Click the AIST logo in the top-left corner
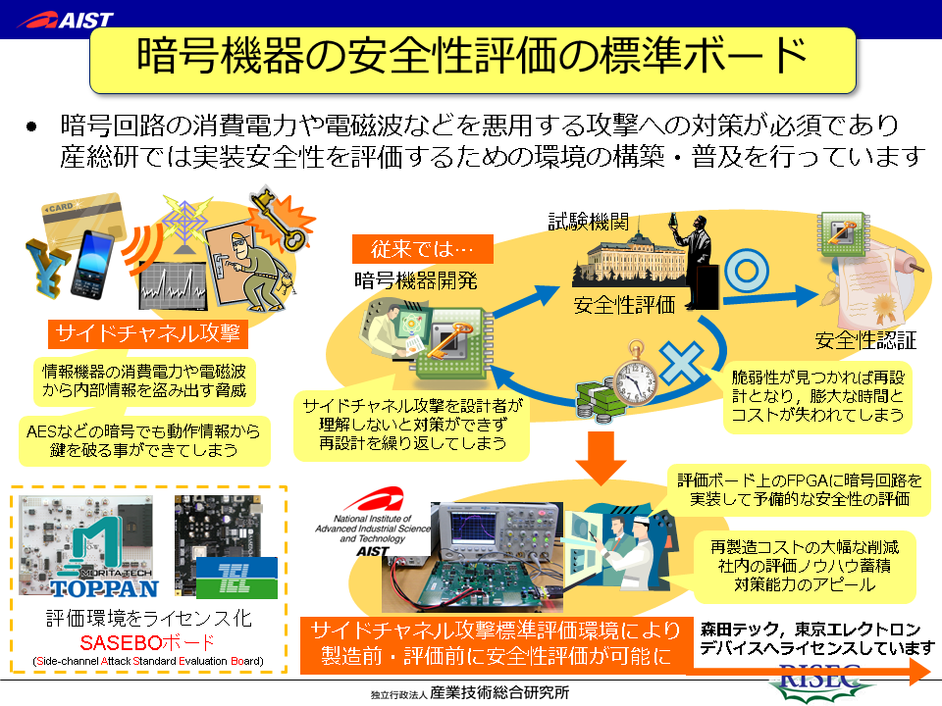click(x=66, y=19)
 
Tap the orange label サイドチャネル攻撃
click(x=147, y=333)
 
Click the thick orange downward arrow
click(x=602, y=456)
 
